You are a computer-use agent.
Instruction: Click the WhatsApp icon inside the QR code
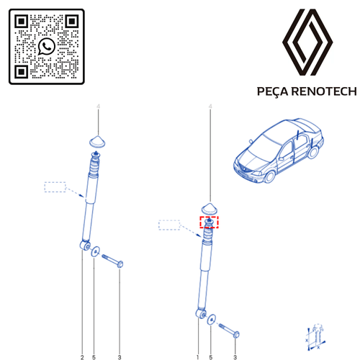point(47,46)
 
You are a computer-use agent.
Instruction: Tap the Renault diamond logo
point(307,42)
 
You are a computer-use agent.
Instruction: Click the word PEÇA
point(273,91)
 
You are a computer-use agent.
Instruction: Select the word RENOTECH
point(324,91)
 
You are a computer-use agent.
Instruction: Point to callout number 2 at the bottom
point(82,357)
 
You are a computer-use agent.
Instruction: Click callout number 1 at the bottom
point(198,357)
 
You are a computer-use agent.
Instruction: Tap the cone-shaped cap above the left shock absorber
point(97,141)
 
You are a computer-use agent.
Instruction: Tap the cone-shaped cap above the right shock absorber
point(210,208)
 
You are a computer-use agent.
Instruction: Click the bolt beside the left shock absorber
point(112,261)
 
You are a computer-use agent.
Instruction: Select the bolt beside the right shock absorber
point(229,330)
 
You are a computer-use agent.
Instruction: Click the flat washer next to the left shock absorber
point(95,251)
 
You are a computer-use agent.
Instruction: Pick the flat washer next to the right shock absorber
point(211,320)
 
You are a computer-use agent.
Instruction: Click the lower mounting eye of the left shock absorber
point(85,246)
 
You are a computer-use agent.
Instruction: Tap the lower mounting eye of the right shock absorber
point(201,314)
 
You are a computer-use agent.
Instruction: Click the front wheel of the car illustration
point(270,176)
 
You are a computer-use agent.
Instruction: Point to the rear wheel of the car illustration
point(312,152)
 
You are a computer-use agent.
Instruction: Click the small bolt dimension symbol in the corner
point(315,337)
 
